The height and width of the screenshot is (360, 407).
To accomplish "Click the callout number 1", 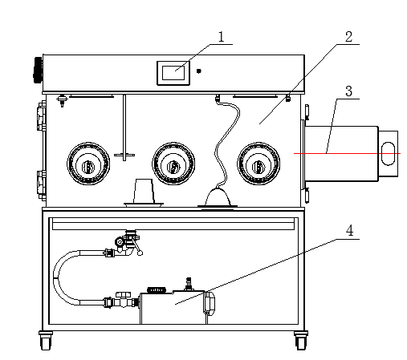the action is click(x=221, y=37).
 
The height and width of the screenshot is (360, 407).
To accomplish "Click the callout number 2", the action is click(x=348, y=37).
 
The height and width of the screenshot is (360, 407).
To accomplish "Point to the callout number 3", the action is click(x=348, y=91).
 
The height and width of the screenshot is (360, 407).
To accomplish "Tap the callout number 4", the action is click(x=349, y=231).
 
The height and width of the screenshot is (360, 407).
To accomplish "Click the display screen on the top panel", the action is click(x=173, y=73).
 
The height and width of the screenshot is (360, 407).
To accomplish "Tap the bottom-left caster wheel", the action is click(x=46, y=341).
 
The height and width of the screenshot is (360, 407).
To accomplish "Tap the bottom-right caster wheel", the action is click(x=301, y=341).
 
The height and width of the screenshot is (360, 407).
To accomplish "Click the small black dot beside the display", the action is click(x=198, y=71).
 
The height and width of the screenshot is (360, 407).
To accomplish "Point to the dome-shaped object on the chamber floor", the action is click(x=218, y=198).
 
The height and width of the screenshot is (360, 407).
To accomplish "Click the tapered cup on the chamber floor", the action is click(x=144, y=192).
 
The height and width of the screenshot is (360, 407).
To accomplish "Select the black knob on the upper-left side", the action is click(x=38, y=70).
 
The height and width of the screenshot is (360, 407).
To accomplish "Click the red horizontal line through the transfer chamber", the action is click(x=347, y=154).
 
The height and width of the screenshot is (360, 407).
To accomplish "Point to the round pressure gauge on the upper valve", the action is click(x=120, y=242).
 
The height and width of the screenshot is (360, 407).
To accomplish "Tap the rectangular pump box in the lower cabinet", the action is click(x=173, y=308).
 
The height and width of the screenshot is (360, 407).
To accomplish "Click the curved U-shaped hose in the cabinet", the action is click(x=55, y=277).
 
